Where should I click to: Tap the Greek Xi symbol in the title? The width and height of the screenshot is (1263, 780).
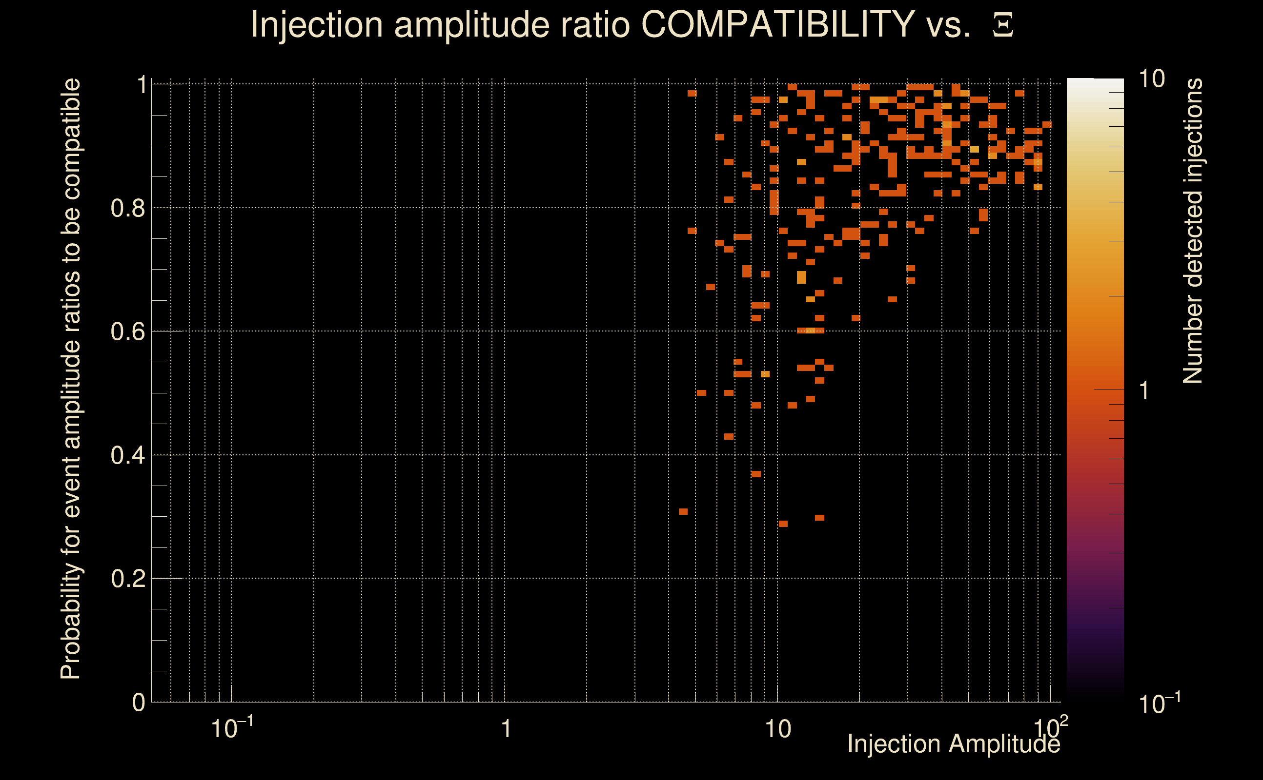1003,25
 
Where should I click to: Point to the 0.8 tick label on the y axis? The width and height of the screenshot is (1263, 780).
128,209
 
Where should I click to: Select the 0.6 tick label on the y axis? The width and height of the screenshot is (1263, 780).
128,331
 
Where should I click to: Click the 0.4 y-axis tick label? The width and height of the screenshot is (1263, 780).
128,455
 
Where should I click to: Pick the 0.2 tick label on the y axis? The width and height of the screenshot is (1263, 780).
128,579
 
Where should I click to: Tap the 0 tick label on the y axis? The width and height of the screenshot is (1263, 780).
139,702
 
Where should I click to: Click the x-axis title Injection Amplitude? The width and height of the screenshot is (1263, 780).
954,744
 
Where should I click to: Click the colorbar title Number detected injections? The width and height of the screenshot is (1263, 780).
1193,231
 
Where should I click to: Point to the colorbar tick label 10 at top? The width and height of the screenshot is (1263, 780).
1151,79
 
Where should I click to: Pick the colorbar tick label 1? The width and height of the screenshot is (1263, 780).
1144,390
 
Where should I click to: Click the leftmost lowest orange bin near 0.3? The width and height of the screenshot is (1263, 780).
683,512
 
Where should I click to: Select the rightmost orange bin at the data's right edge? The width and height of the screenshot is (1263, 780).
1047,124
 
